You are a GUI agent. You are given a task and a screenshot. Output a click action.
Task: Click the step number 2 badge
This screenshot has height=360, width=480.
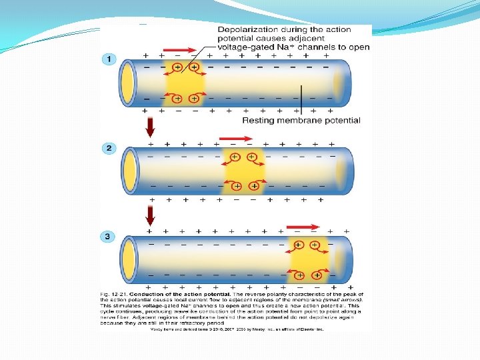coord(108,147)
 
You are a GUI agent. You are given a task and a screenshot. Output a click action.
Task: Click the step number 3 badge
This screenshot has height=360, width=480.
coord(108,236)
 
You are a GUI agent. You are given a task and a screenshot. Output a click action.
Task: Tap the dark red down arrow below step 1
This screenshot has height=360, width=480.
coord(150,125)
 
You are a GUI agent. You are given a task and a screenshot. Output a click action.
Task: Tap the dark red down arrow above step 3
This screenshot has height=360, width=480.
coord(150,215)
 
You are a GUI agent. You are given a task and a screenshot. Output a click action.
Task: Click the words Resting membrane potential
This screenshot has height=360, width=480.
coord(301,121)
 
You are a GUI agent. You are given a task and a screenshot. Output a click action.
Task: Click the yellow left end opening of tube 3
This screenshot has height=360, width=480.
coord(128,260)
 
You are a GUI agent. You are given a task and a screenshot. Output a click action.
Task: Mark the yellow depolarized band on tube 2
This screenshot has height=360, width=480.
coord(244,171)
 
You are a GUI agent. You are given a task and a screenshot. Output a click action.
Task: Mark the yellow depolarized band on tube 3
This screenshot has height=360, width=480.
coord(307,260)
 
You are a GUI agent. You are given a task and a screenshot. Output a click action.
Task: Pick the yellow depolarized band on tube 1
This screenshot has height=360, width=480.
coord(185,83)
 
